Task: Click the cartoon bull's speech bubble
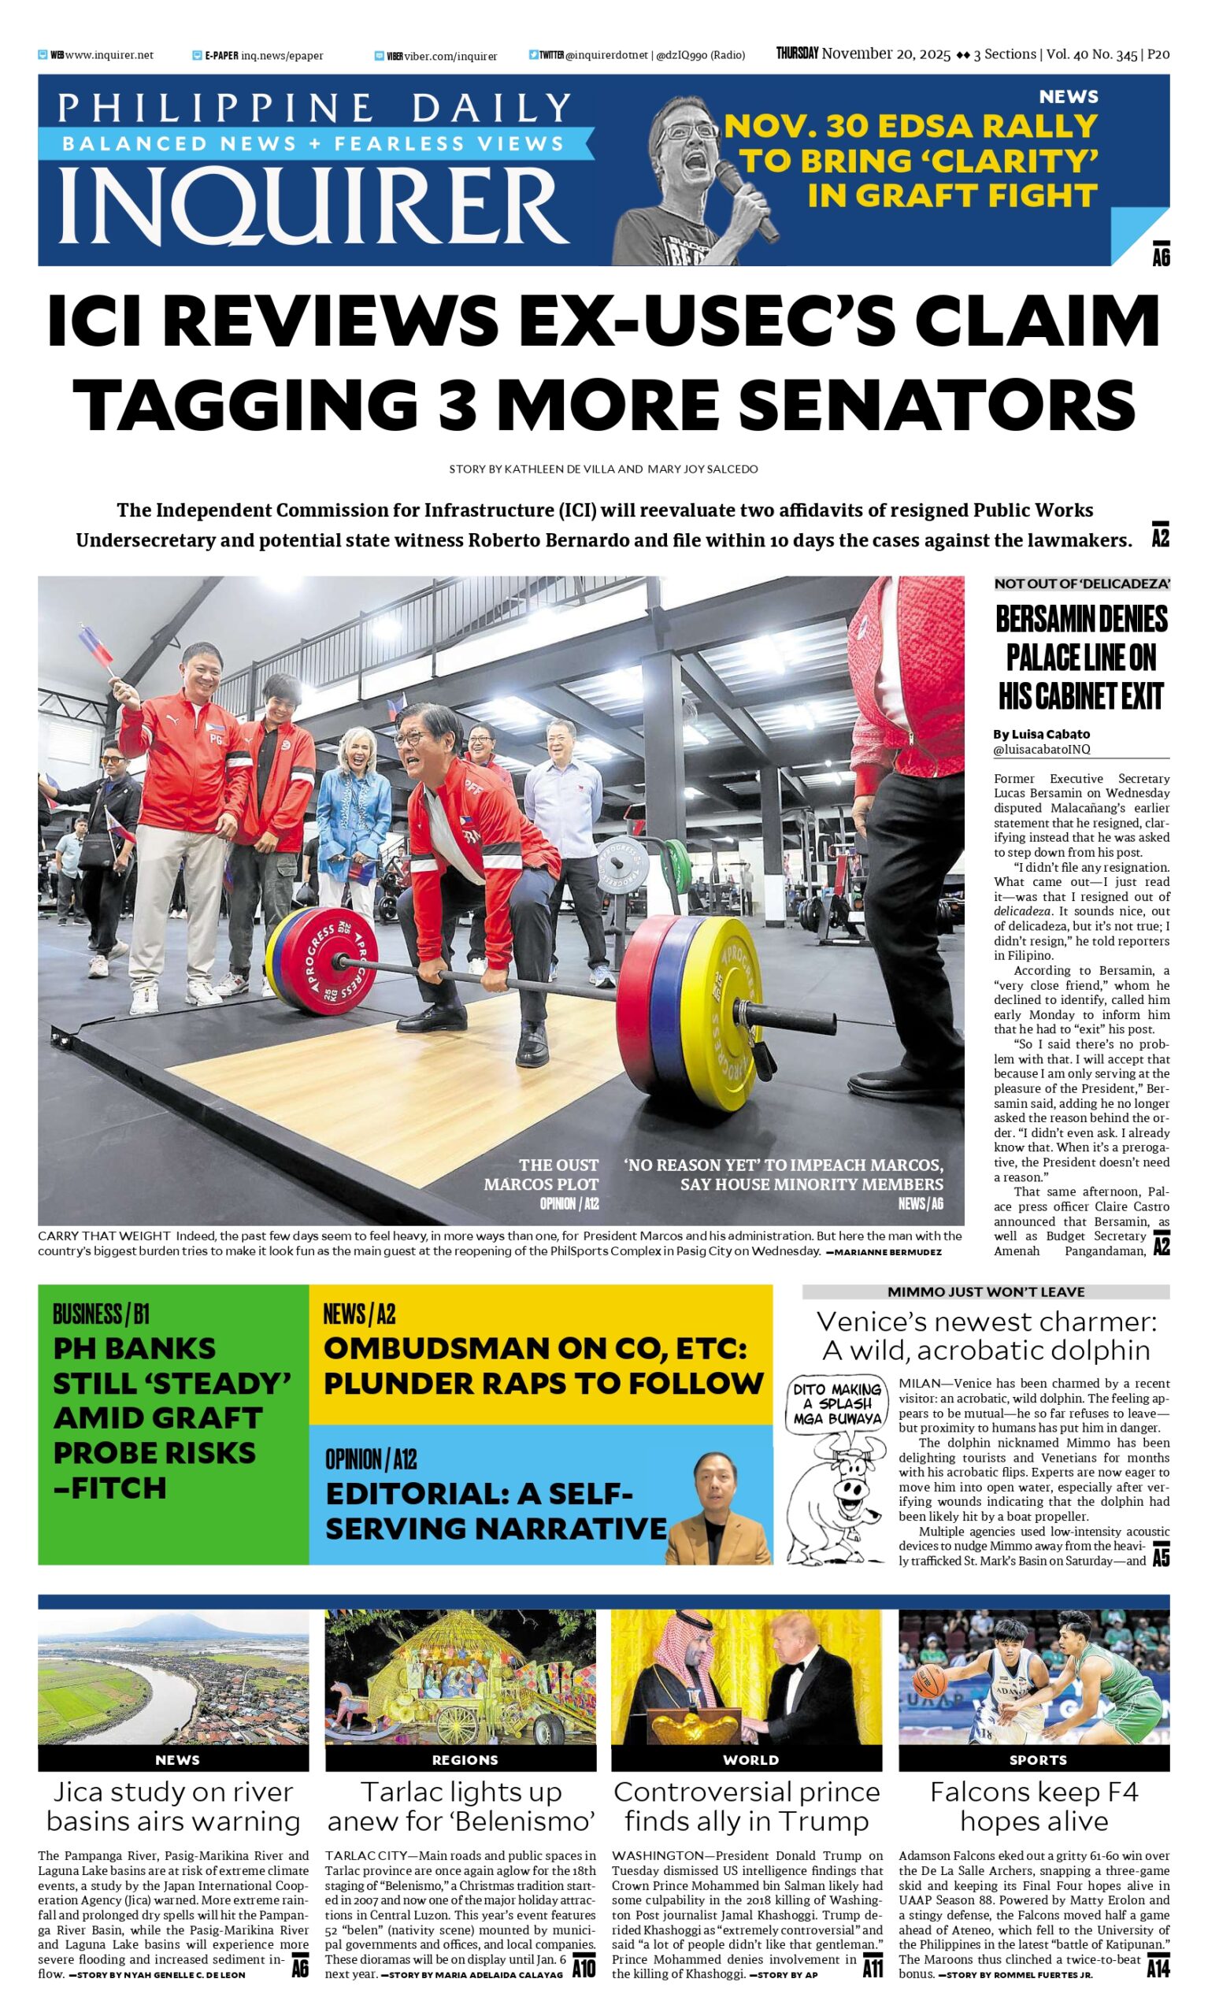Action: pyautogui.click(x=838, y=1404)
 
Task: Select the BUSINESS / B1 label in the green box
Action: pyautogui.click(x=101, y=1314)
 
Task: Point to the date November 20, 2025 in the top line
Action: pyautogui.click(x=886, y=54)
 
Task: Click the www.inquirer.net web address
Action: pyautogui.click(x=109, y=55)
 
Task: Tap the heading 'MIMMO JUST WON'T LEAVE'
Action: pyautogui.click(x=985, y=1291)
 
